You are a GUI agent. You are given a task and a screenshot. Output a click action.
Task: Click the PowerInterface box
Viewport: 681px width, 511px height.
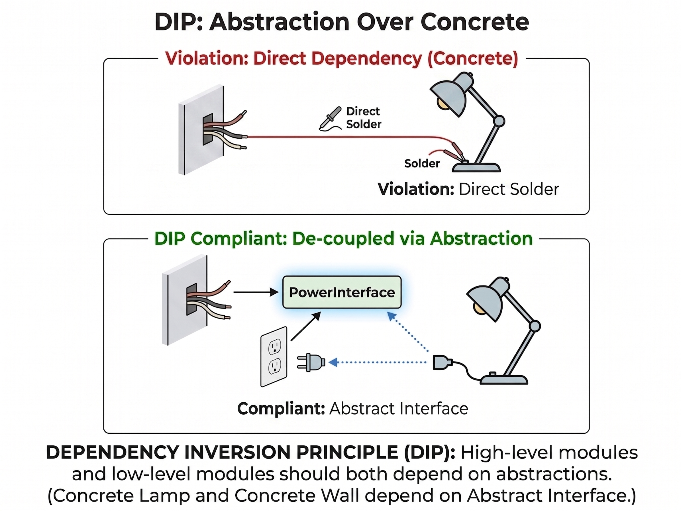pyautogui.click(x=342, y=292)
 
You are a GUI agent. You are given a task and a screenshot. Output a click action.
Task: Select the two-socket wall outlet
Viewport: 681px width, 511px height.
pyautogui.click(x=274, y=356)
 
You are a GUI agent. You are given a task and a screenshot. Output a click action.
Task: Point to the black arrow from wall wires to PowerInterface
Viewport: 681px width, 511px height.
pyautogui.click(x=256, y=292)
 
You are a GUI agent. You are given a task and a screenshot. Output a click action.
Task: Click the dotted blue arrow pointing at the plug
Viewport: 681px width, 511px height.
pyautogui.click(x=378, y=362)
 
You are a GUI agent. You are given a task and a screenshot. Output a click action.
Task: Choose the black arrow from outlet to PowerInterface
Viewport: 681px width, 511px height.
pyautogui.click(x=306, y=326)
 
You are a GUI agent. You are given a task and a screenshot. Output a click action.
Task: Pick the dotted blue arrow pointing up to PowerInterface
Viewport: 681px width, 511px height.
pyautogui.click(x=407, y=331)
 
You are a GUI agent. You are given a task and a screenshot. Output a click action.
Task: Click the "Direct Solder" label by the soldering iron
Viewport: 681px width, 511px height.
pyautogui.click(x=364, y=118)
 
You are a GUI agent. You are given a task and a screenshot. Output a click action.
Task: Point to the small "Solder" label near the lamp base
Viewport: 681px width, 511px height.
pyautogui.click(x=422, y=163)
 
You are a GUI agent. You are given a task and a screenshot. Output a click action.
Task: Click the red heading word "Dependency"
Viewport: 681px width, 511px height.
pyautogui.click(x=366, y=58)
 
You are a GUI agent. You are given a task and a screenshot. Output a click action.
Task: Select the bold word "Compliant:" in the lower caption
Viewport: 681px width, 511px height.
pyautogui.click(x=281, y=408)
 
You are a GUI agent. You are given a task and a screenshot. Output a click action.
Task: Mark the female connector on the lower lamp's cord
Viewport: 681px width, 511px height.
pyautogui.click(x=443, y=362)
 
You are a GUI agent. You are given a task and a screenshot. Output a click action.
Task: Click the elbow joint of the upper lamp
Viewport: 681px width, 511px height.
pyautogui.click(x=499, y=121)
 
